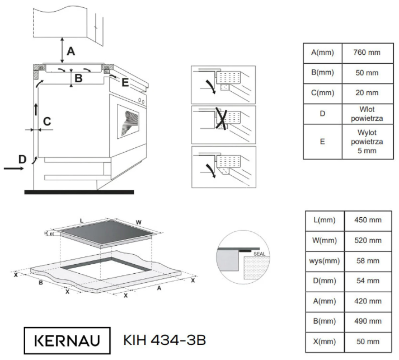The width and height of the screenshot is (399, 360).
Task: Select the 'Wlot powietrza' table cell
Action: point(367,114)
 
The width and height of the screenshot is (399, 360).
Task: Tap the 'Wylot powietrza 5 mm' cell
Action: point(367,142)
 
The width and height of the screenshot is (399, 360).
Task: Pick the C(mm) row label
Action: point(322,92)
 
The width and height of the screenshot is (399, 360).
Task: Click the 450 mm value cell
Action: point(367,220)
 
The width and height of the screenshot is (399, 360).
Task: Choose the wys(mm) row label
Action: point(325,260)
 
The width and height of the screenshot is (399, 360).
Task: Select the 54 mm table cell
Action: point(367,280)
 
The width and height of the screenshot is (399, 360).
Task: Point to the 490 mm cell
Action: point(367,321)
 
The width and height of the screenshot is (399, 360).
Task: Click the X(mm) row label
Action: point(325,341)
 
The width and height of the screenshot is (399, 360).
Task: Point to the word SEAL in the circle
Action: point(259,254)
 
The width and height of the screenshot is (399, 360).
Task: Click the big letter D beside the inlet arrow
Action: point(22,160)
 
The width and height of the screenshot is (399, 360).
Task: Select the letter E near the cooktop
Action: point(125,83)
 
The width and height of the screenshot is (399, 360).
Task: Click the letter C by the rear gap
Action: point(48,120)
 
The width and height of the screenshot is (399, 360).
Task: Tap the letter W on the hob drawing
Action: point(139,222)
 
